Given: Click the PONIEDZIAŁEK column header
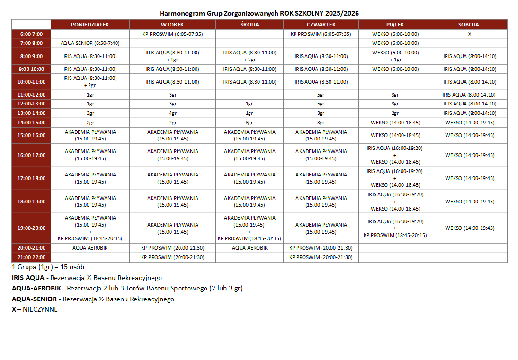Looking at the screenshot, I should [x=90, y=25].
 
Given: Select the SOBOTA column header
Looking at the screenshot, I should [x=468, y=25].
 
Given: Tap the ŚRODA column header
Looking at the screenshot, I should [x=249, y=25].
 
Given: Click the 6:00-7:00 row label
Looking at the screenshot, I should [x=31, y=34].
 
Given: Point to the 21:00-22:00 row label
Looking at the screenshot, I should [x=31, y=257].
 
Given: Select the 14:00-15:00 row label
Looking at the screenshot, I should [x=31, y=123].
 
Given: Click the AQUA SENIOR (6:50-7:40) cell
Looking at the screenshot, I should [x=90, y=43].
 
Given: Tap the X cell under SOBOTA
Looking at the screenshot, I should [x=469, y=34].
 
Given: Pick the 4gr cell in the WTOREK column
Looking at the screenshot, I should [x=172, y=113].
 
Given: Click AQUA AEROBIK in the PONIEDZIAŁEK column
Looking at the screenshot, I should [x=90, y=248].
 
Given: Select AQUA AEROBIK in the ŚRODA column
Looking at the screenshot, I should [x=250, y=248].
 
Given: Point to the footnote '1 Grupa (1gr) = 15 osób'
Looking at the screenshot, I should [x=48, y=267].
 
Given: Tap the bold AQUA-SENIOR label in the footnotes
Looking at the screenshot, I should [x=36, y=299].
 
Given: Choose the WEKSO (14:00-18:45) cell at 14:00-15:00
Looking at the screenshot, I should [x=395, y=123].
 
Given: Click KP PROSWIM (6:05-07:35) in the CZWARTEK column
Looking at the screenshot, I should [x=321, y=34].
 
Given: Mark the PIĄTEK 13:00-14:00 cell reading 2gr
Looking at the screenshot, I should [x=395, y=113].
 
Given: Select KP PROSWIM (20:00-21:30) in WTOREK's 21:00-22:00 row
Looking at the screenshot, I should [x=172, y=257].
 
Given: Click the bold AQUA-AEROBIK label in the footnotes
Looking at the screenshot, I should [x=37, y=288].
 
